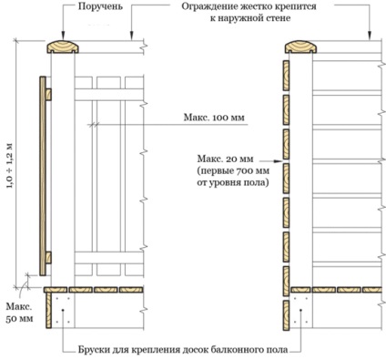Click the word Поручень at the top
pyautogui.click(x=100, y=6)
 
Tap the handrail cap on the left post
pyautogui.click(x=63, y=47)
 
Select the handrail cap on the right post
pyautogui.click(x=300, y=46)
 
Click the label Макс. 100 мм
pyautogui.click(x=214, y=118)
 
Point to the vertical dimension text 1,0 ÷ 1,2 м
pyautogui.click(x=10, y=166)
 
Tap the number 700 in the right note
pyautogui.click(x=243, y=171)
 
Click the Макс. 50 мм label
pyautogui.click(x=20, y=313)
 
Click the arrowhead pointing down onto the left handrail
pyautogui.click(x=63, y=36)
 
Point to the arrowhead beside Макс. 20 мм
pyautogui.click(x=279, y=161)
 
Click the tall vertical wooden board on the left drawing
pyautogui.click(x=43, y=176)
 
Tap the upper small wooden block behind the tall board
pyautogui.click(x=48, y=95)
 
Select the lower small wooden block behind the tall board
pyautogui.click(x=48, y=258)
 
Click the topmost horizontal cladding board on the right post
pyautogui.click(x=286, y=76)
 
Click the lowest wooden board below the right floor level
pyautogui.click(x=286, y=315)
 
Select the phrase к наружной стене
pyautogui.click(x=250, y=18)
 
